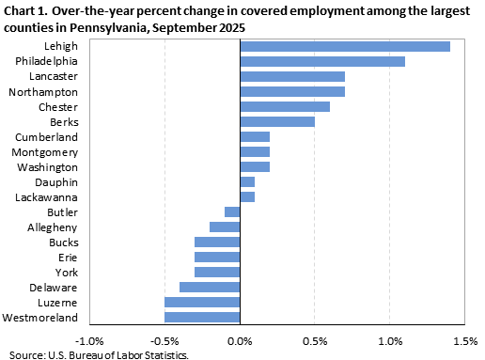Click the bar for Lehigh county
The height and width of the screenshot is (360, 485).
click(345, 46)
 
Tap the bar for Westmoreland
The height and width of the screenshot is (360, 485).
click(202, 317)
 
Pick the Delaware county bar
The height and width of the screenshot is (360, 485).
click(210, 287)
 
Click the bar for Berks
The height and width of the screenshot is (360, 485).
click(277, 121)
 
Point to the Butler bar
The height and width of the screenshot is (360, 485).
click(232, 211)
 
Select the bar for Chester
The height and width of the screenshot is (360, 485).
click(285, 106)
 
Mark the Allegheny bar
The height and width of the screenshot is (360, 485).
click(225, 227)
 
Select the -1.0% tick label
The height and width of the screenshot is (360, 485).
click(89, 340)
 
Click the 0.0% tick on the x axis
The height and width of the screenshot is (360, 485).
click(240, 340)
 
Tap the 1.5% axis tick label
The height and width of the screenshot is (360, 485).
click(464, 340)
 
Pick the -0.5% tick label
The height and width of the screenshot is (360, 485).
click(164, 340)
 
